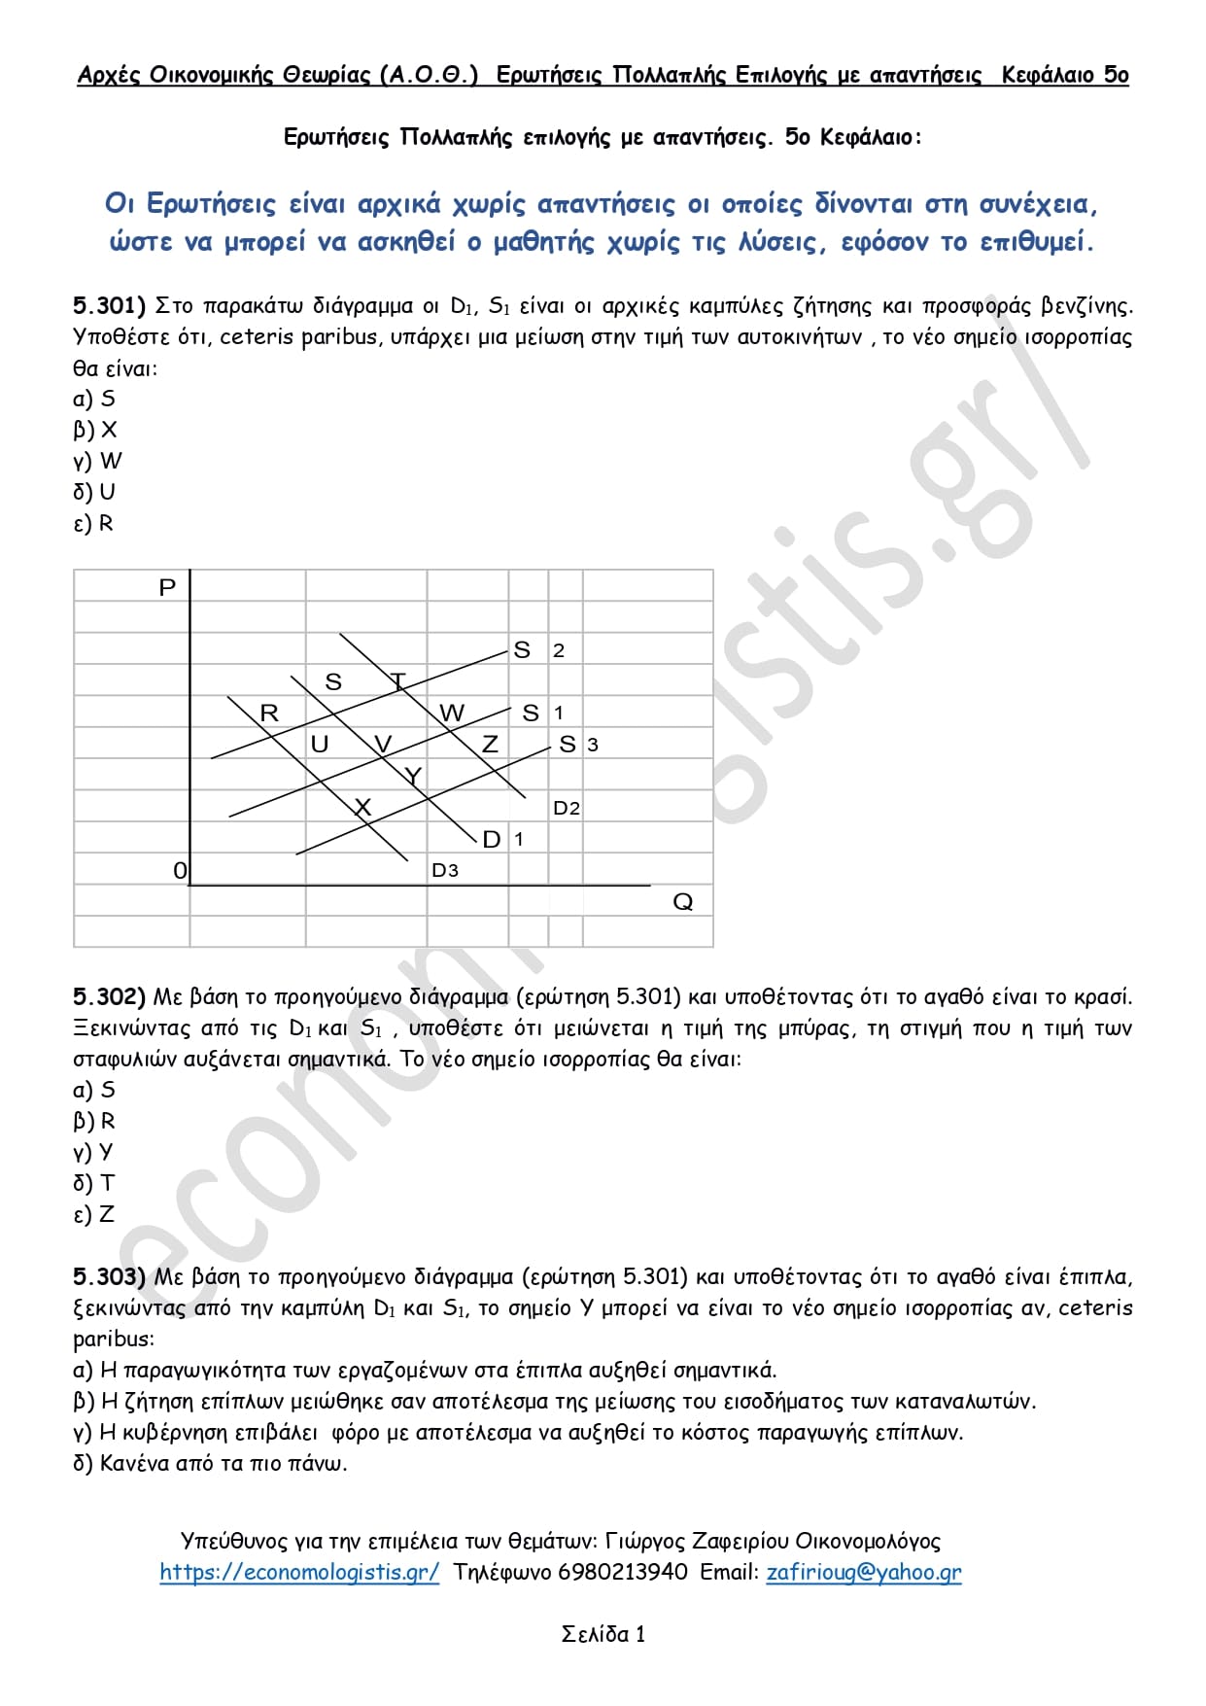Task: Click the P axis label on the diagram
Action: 167,587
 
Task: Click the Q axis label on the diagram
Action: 683,902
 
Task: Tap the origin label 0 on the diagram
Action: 179,870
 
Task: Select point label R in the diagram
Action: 269,713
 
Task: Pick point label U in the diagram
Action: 319,744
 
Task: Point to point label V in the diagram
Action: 383,744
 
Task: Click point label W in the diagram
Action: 452,713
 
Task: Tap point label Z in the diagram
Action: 490,744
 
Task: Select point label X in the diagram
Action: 362,807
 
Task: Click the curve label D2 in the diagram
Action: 567,808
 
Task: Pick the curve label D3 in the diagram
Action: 445,870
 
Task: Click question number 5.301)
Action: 109,306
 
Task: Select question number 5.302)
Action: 109,997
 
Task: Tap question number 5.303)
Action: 109,1277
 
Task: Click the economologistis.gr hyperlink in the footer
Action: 299,1572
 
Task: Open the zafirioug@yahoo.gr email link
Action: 864,1572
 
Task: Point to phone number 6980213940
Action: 622,1572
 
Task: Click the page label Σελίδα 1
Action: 603,1634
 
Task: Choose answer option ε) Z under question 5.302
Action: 94,1214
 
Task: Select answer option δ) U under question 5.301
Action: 94,492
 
